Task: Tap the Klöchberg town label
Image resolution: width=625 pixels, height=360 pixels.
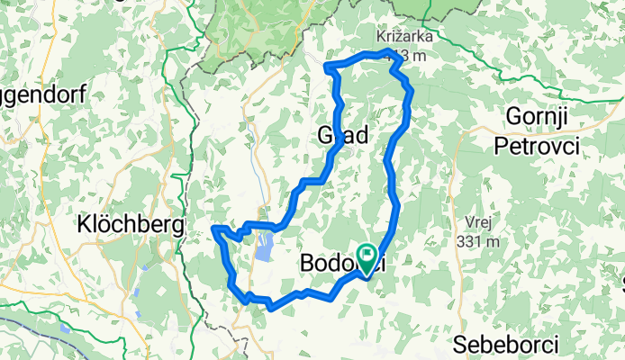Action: pyautogui.click(x=131, y=222)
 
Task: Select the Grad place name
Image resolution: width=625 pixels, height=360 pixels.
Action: pyautogui.click(x=343, y=137)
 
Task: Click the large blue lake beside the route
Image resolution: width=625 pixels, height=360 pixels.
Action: pyautogui.click(x=264, y=247)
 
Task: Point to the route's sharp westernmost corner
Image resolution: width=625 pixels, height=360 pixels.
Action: pyautogui.click(x=213, y=229)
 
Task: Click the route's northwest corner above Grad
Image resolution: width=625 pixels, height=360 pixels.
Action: pyautogui.click(x=326, y=65)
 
